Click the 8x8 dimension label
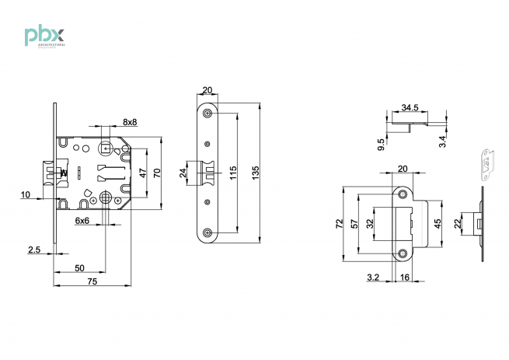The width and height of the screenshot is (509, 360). pyautogui.click(x=130, y=122)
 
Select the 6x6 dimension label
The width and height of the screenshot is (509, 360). pyautogui.click(x=82, y=221)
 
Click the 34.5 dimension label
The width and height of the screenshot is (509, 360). pyautogui.click(x=411, y=107)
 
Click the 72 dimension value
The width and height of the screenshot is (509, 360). pyautogui.click(x=339, y=223)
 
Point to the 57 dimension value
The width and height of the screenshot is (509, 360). pyautogui.click(x=356, y=223)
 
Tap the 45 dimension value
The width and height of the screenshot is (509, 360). pyautogui.click(x=438, y=223)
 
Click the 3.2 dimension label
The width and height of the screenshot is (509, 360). pyautogui.click(x=373, y=276)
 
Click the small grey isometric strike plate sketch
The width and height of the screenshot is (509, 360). pyautogui.click(x=486, y=165)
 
